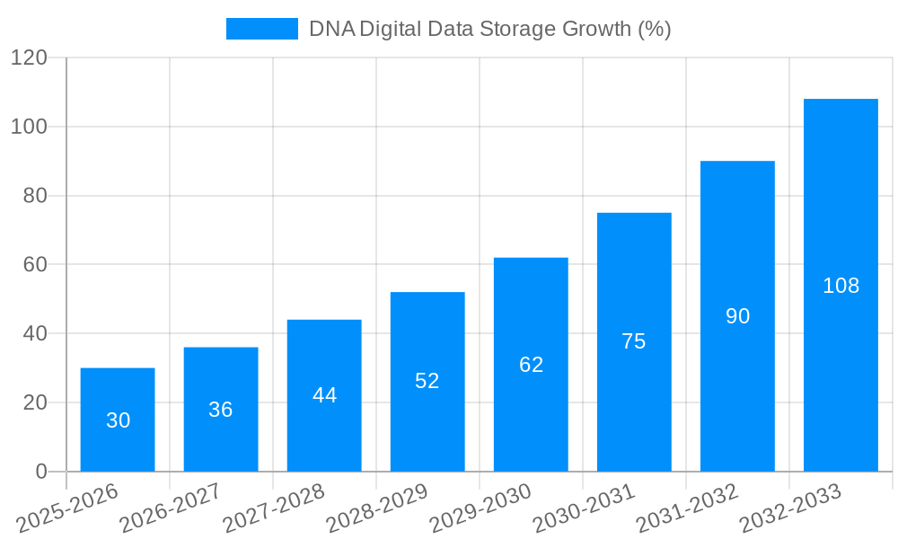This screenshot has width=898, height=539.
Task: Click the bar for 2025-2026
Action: pos(118,420)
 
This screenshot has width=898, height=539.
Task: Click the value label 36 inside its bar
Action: pos(221,410)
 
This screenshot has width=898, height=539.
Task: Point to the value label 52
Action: pos(427,381)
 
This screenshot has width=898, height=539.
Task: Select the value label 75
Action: pos(634,341)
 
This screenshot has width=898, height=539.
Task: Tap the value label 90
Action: pos(737,316)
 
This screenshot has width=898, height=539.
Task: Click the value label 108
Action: pos(841,286)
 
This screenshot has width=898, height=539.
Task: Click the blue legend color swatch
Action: pos(261,29)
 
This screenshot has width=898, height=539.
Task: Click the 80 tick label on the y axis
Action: pos(34,196)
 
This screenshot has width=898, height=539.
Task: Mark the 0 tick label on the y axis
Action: pos(40,472)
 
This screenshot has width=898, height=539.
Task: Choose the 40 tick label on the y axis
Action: pos(34,333)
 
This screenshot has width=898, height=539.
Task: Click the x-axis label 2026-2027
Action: pos(171,508)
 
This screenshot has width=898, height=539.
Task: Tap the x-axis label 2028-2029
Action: pos(377,508)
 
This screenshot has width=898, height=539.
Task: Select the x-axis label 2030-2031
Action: pos(584,508)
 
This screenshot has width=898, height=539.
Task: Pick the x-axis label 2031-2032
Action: pos(687,508)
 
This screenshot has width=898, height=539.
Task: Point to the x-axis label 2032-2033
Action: pos(790,508)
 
